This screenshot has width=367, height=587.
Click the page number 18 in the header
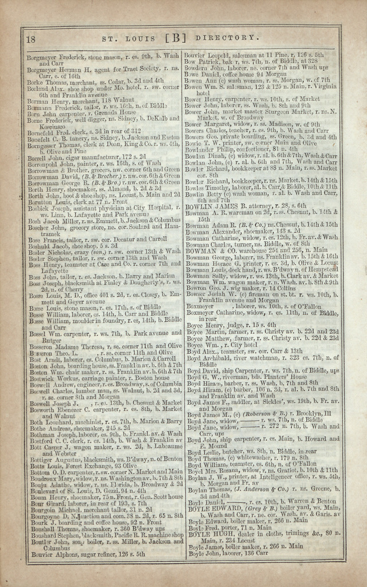coord(32,39)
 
